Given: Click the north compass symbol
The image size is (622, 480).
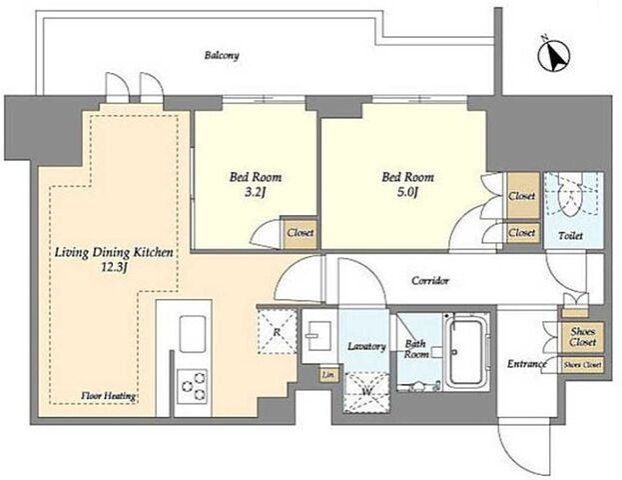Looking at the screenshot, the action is [x=554, y=56].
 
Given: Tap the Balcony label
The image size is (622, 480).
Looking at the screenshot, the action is [x=222, y=55].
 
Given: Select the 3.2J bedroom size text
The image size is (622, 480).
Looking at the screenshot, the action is [x=256, y=193].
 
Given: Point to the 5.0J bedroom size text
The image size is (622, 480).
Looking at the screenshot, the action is [x=407, y=193].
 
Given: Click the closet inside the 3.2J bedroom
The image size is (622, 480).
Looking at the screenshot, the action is [x=301, y=233].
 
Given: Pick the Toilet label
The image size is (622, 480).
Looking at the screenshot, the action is [x=570, y=236].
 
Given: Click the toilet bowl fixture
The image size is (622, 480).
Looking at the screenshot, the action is [x=570, y=196].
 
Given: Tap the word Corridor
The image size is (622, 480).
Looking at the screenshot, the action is [x=430, y=281].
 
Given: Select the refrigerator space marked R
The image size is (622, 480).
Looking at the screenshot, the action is [x=277, y=331].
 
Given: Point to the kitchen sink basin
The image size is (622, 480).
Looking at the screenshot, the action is [x=193, y=334].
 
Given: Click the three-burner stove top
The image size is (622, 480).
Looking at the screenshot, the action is [x=192, y=386].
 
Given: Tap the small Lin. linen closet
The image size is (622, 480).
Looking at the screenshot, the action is [x=328, y=374].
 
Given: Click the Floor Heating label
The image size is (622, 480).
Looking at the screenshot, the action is [x=108, y=396].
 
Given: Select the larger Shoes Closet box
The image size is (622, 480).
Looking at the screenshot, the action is [x=582, y=337].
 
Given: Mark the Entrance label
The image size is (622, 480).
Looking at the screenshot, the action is [x=526, y=364].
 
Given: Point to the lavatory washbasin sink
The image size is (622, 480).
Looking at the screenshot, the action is [x=318, y=336].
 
